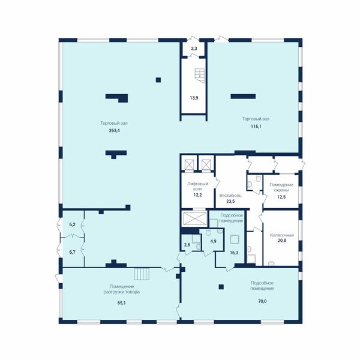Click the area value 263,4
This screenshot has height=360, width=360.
(x=115, y=131)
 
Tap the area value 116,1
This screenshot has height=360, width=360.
(x=256, y=126)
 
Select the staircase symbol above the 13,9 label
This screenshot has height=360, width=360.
(x=200, y=76)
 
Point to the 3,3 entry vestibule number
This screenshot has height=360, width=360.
(x=194, y=49)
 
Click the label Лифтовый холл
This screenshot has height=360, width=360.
(x=197, y=187)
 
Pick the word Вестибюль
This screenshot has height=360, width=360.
(x=230, y=196)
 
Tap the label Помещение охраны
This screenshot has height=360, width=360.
(x=281, y=187)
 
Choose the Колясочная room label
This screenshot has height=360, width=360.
(x=282, y=235)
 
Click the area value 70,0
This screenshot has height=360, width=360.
(x=262, y=301)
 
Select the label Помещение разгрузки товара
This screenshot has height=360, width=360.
(x=122, y=289)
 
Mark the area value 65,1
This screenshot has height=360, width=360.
(x=122, y=303)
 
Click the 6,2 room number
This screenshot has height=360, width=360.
(x=73, y=225)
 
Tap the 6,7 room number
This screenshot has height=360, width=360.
(x=73, y=252)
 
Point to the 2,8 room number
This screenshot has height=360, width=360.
(x=187, y=245)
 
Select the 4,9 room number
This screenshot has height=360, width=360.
(x=213, y=241)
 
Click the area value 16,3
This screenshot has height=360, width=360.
(x=234, y=253)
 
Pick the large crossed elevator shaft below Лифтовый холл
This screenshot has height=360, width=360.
(x=194, y=218)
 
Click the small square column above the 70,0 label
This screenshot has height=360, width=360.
(x=221, y=287)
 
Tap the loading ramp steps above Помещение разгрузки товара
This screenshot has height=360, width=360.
(x=142, y=274)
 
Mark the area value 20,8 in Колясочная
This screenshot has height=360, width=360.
(x=282, y=241)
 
